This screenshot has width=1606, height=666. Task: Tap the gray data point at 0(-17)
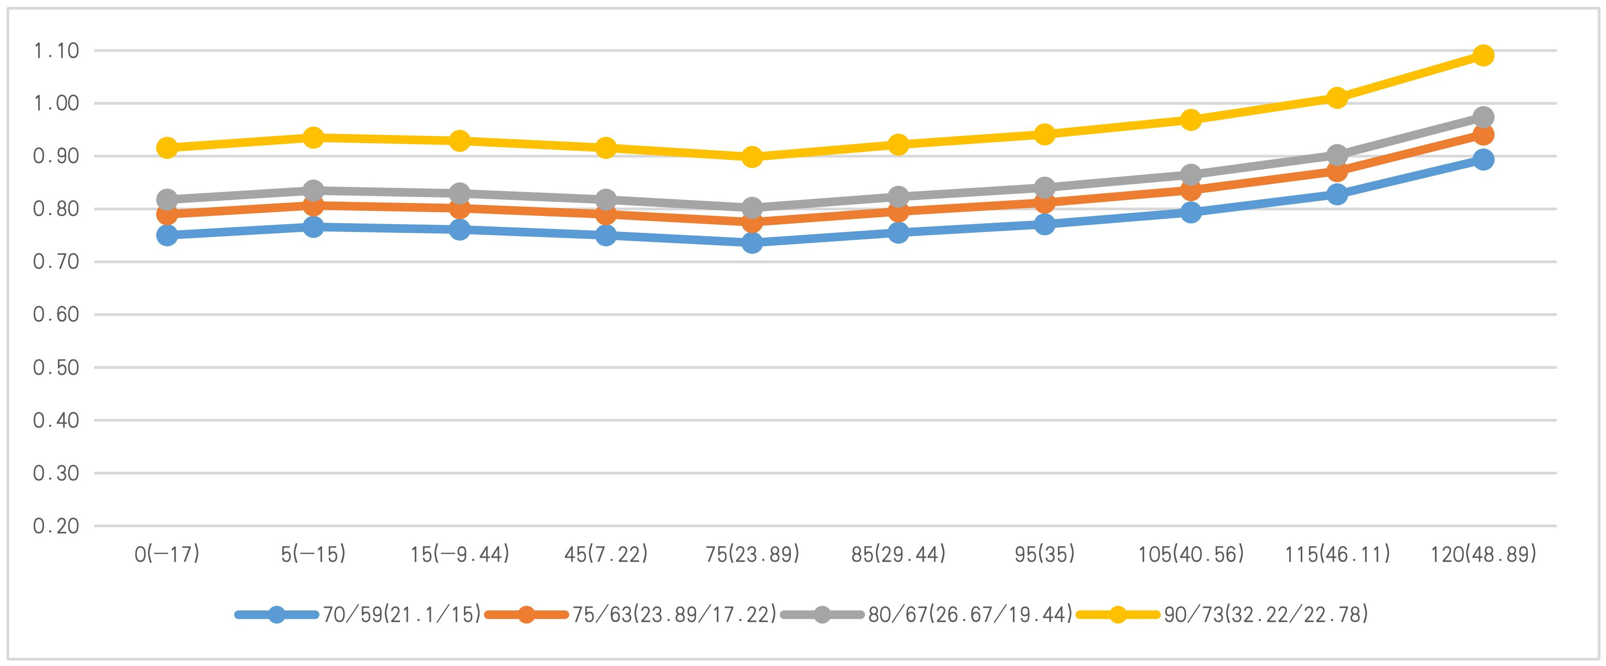point(167,200)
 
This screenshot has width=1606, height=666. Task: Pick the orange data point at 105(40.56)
point(1191,189)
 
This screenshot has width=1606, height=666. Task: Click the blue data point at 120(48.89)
point(1483,159)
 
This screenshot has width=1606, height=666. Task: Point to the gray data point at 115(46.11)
point(1337,154)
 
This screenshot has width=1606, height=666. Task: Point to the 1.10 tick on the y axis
point(57,51)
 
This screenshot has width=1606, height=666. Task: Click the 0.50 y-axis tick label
point(57,367)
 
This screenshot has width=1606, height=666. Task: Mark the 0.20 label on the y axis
point(57,526)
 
